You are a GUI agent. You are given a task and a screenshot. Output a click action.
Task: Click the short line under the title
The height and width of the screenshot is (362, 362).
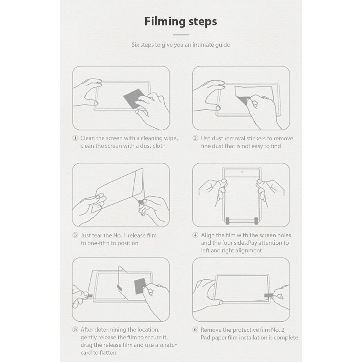tap(181, 35)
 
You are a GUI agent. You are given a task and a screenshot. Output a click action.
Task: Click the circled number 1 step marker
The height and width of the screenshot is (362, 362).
tap(75, 138)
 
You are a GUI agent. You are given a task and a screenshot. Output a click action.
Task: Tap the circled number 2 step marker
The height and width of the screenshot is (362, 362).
tap(195, 138)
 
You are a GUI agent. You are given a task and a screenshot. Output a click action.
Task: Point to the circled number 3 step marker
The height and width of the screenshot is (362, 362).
tap(75, 235)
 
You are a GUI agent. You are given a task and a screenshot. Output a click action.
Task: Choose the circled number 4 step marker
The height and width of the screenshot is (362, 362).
tap(195, 235)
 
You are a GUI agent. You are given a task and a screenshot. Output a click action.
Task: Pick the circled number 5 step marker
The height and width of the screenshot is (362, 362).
tap(75, 329)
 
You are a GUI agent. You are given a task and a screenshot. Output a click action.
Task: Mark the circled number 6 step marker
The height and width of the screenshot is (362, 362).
tap(195, 329)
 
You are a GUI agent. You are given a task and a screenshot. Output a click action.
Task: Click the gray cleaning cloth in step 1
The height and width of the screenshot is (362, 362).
tap(133, 98)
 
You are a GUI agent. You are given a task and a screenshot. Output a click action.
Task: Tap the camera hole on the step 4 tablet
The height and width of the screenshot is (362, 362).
tap(242, 171)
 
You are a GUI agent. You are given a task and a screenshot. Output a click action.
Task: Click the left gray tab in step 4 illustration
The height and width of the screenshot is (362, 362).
tap(227, 221)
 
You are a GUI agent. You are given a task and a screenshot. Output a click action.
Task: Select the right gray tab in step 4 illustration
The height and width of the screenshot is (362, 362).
tap(256, 221)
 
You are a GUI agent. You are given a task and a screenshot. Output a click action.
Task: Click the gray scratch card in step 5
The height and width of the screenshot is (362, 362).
tap(140, 286)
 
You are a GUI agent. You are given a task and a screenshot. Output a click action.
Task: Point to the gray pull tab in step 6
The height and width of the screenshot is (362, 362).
tap(269, 296)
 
